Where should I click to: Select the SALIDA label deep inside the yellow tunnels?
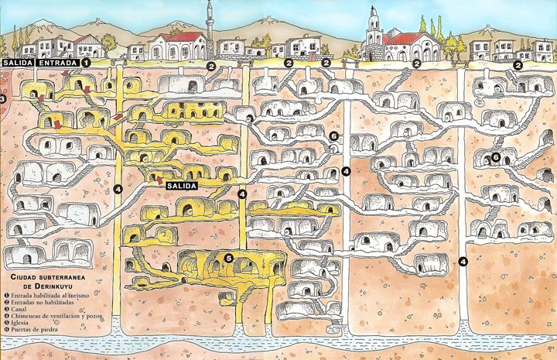[180, 186]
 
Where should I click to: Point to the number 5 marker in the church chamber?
[229, 257]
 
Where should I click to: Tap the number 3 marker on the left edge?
[3, 99]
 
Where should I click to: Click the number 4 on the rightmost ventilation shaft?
[463, 261]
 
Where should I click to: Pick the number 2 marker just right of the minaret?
[210, 67]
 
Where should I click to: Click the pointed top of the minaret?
[210, 5]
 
